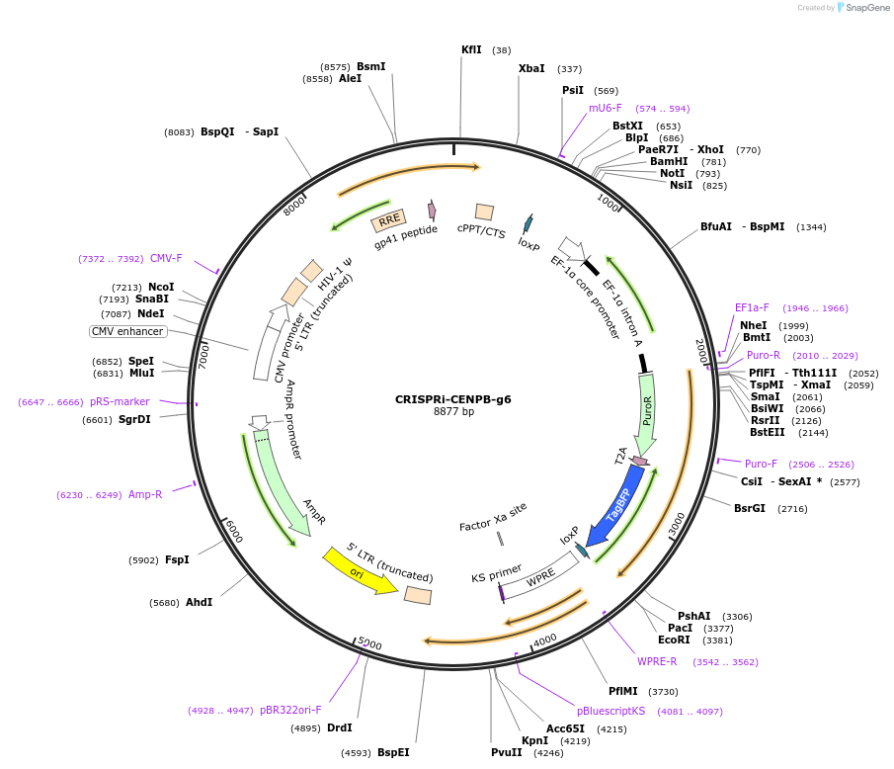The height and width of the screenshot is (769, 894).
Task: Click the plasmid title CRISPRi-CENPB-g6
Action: pyautogui.click(x=453, y=399)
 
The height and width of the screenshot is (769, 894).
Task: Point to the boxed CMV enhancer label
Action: pyautogui.click(x=128, y=331)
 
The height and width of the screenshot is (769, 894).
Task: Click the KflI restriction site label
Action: pyautogui.click(x=471, y=49)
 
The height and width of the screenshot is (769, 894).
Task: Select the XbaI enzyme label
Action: pyautogui.click(x=531, y=69)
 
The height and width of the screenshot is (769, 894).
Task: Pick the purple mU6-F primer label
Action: pyautogui.click(x=606, y=108)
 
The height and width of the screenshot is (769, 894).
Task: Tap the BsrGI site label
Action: pyautogui.click(x=750, y=509)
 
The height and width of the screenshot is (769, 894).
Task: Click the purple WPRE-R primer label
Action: pyautogui.click(x=657, y=661)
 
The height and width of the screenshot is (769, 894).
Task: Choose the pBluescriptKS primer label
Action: pyautogui.click(x=610, y=711)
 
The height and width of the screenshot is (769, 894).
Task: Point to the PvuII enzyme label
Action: pyautogui.click(x=507, y=752)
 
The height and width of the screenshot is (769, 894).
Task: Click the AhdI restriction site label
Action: pyautogui.click(x=199, y=602)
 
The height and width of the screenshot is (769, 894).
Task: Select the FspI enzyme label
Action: pyautogui.click(x=177, y=559)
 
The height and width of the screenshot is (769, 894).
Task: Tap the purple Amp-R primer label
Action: pyautogui.click(x=145, y=494)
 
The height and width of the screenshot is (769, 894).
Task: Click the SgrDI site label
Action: pyautogui.click(x=134, y=419)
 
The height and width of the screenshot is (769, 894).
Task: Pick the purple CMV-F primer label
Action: pyautogui.click(x=166, y=259)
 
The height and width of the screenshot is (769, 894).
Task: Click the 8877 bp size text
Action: pyautogui.click(x=453, y=412)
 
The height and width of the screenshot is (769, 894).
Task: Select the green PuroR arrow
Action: pyautogui.click(x=646, y=416)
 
